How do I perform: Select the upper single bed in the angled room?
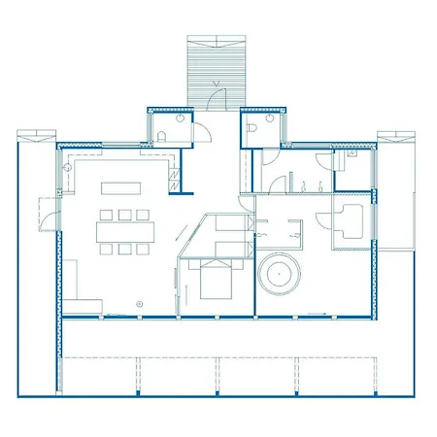(x=227, y=225)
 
